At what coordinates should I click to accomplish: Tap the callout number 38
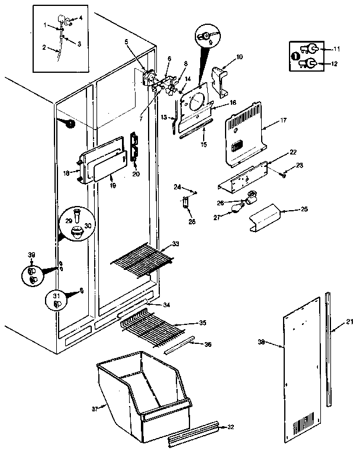tap(262, 342)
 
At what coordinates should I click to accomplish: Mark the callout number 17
tap(283, 121)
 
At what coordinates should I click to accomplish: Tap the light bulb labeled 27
tap(237, 207)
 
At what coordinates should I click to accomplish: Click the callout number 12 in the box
tap(338, 64)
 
